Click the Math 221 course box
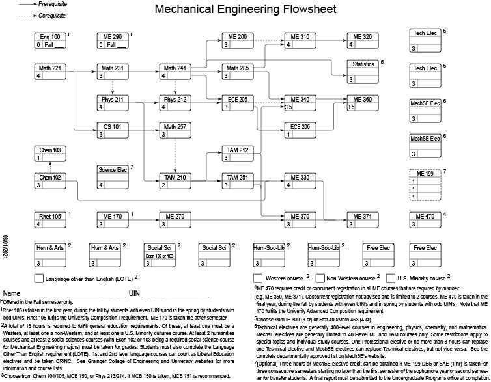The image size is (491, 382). [49, 72]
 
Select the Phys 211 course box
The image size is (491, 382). [113, 103]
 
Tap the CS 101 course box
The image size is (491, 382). [113, 130]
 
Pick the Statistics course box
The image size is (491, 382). [363, 72]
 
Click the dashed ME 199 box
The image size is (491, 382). [425, 185]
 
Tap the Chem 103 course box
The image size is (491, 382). [49, 154]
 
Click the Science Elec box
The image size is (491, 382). [113, 176]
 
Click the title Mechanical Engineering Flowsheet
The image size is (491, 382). [245, 9]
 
